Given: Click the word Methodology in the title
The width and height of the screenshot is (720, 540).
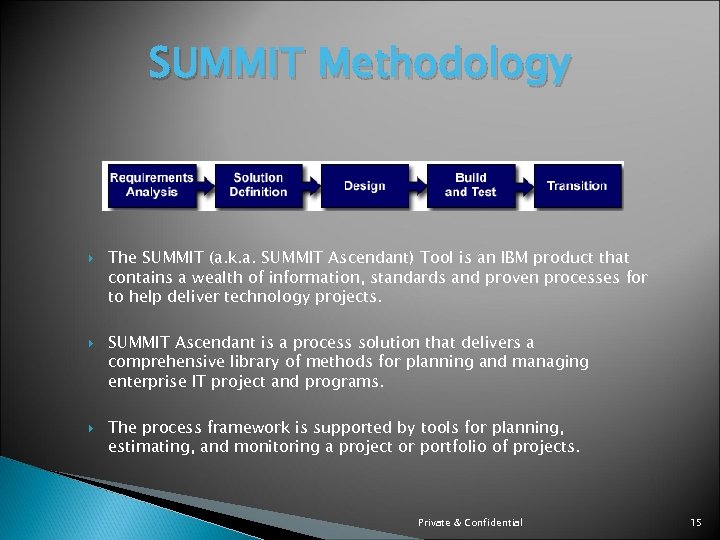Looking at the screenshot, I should coord(446,67).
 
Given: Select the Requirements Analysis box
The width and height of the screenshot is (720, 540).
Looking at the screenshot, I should coord(151,185).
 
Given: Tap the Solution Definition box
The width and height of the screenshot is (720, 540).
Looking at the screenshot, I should coord(258,185).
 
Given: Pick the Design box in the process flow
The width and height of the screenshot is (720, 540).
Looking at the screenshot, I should coord(364,185).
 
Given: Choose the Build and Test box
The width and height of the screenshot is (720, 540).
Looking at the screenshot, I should coord(470,185).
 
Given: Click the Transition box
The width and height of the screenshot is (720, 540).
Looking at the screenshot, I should coord(577,185).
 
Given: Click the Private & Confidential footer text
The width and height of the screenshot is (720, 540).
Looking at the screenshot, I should coord(470,523).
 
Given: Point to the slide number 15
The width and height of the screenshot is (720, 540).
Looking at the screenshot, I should coord(696,523).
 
